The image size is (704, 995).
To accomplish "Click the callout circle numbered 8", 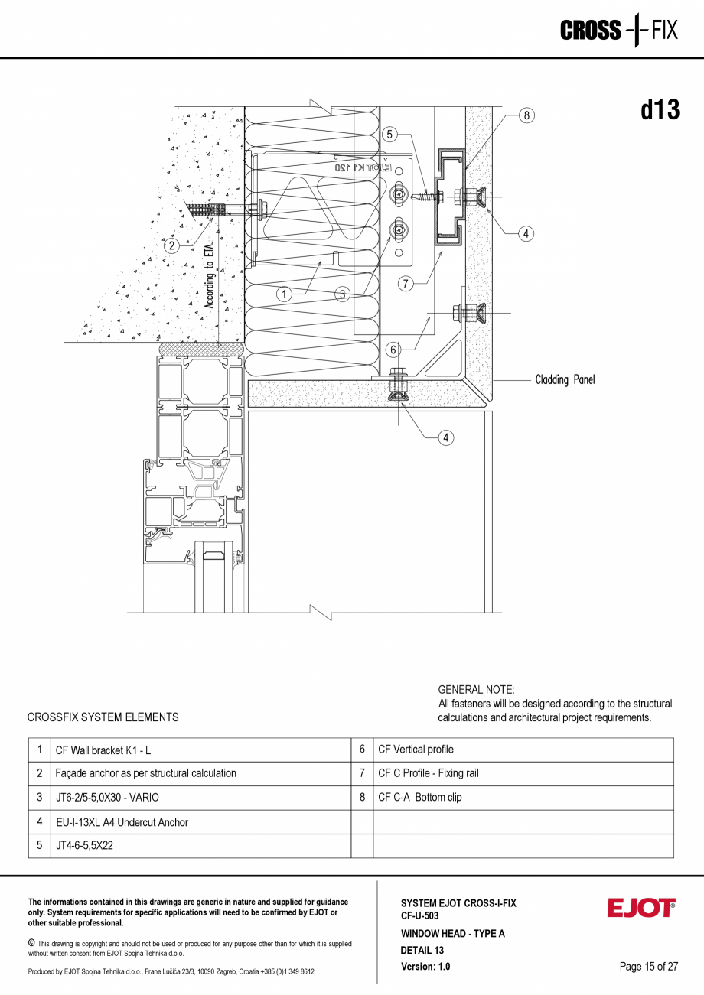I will (x=526, y=115).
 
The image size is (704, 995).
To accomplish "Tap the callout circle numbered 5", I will (x=389, y=135).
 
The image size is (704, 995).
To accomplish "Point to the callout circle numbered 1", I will (x=284, y=294).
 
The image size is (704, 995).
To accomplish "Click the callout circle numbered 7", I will (x=406, y=284).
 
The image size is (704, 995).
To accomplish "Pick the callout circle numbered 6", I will (x=393, y=350).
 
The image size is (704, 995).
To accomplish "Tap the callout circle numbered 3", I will (x=343, y=294).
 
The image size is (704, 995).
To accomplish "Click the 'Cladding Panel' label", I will (x=565, y=380).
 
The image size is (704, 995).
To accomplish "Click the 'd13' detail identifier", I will (x=660, y=110).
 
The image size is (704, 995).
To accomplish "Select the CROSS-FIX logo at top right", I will (x=618, y=31).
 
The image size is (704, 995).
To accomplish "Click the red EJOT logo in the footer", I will (x=641, y=908).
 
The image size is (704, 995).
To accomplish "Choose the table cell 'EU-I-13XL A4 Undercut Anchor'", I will (x=122, y=822).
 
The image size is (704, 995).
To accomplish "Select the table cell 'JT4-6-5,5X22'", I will (x=84, y=846).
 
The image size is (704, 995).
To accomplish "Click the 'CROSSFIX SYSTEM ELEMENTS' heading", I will (x=103, y=717).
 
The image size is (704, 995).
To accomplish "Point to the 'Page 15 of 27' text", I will (x=648, y=967).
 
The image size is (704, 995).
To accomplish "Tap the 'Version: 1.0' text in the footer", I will (x=425, y=967).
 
